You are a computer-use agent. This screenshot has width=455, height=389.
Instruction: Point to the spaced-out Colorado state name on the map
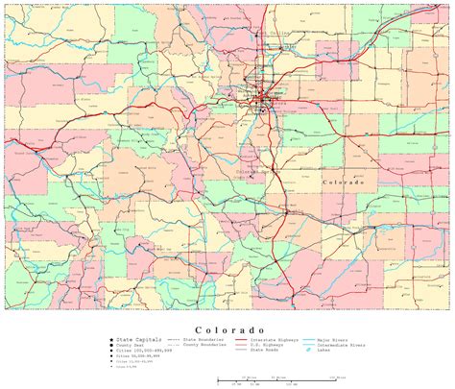tap(344, 182)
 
